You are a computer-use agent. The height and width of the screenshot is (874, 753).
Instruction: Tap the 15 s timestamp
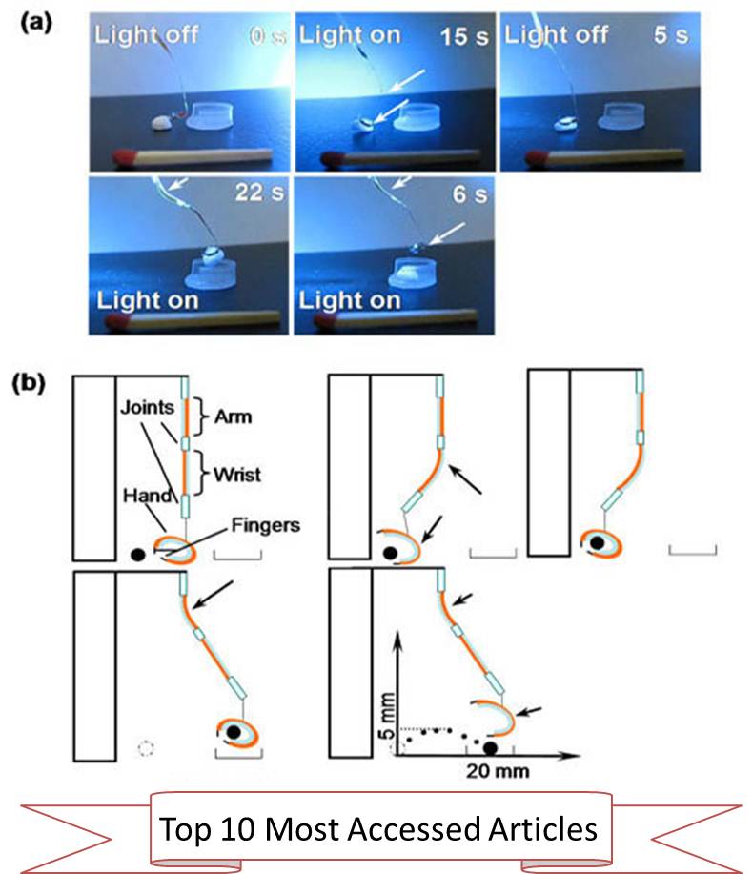pyautogui.click(x=460, y=38)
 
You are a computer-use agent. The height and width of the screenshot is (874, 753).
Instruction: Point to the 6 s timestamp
pyautogui.click(x=465, y=196)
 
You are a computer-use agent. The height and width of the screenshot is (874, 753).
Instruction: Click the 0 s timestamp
pyautogui.click(x=256, y=38)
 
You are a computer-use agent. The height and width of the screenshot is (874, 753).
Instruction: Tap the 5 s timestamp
pyautogui.click(x=675, y=38)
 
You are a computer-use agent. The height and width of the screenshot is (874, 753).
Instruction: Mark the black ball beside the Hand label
pyautogui.click(x=139, y=554)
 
